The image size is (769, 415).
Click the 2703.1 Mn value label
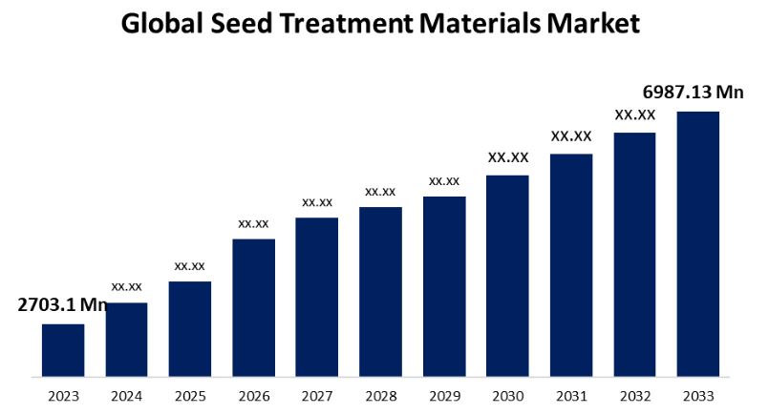[x=62, y=305]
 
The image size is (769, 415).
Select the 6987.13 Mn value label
[x=693, y=92]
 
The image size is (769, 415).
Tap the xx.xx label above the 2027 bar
[x=317, y=202]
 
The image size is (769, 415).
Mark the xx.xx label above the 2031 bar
[x=571, y=136]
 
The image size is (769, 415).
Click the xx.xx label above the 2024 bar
[x=126, y=286]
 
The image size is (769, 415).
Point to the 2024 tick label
[x=126, y=395]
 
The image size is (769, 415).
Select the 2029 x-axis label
[x=443, y=395]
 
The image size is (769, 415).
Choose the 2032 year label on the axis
[x=634, y=395]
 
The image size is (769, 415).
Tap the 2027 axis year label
[x=316, y=395]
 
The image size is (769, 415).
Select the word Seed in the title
[x=248, y=24]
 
